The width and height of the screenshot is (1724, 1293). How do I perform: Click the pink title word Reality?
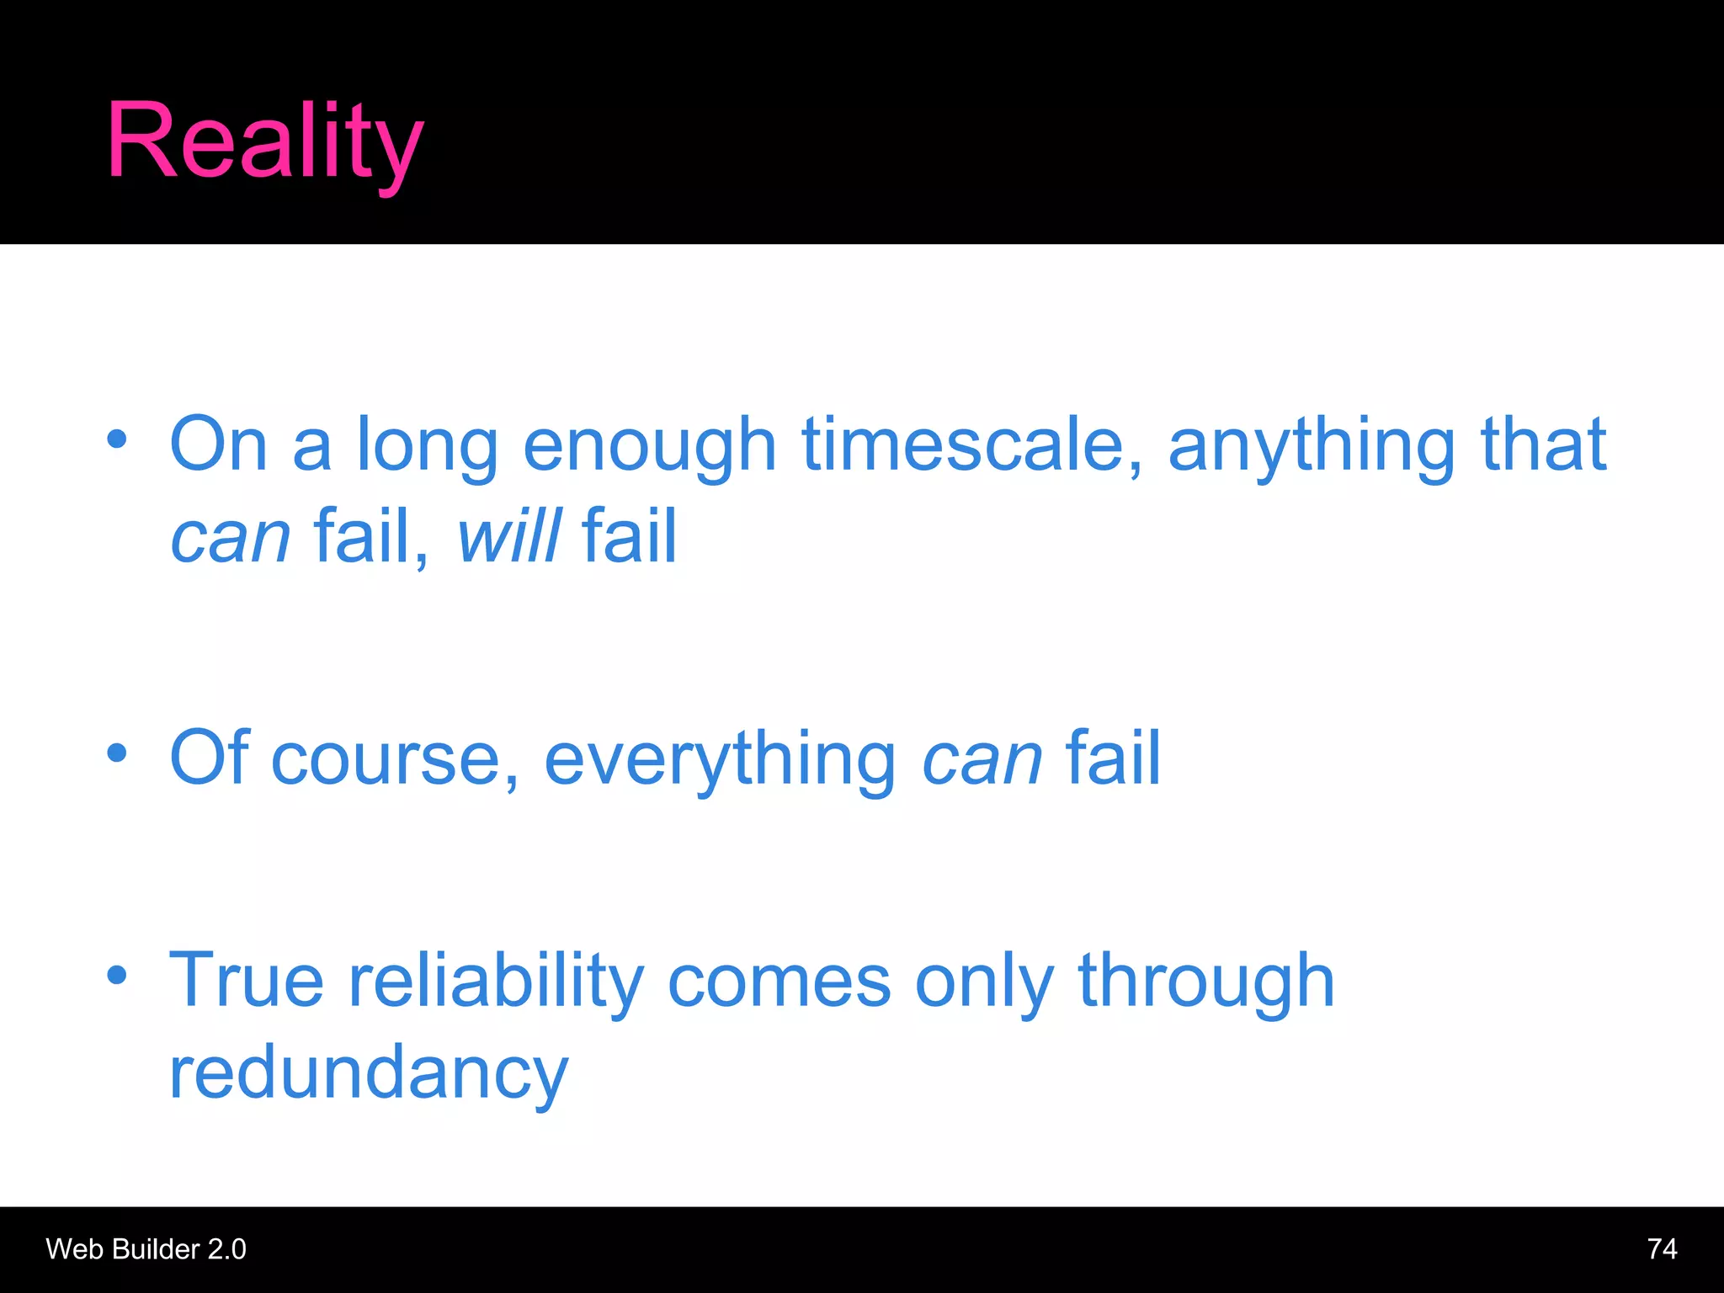[264, 141]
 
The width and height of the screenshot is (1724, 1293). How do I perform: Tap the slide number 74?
[1662, 1248]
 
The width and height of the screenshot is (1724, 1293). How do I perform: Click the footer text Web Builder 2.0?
[146, 1248]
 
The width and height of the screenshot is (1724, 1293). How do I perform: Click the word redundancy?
[369, 1073]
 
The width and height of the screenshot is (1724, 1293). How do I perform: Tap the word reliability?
[496, 981]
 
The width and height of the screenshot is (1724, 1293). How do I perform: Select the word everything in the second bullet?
[720, 759]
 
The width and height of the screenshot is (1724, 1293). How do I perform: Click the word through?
[1205, 981]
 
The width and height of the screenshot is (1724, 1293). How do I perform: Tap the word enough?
[649, 446]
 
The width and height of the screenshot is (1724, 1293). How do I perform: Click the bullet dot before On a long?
[117, 439]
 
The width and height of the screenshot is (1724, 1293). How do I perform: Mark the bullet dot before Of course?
[117, 753]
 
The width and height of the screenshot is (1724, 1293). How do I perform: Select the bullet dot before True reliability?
[117, 975]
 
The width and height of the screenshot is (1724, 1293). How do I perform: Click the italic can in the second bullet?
[982, 761]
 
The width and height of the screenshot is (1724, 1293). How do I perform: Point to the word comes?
[779, 981]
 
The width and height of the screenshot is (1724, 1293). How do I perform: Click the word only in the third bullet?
[983, 981]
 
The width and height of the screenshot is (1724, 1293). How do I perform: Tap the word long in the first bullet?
[428, 446]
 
